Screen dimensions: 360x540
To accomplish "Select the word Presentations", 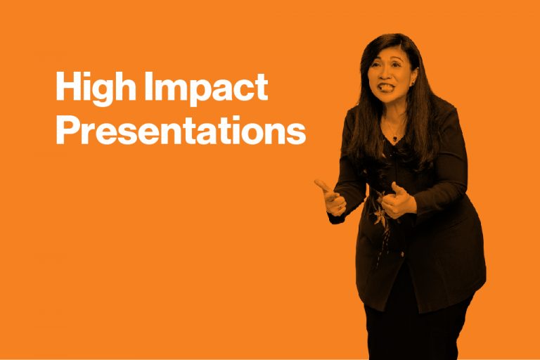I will coord(180,130).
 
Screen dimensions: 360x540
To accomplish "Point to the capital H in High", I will coord(67,87).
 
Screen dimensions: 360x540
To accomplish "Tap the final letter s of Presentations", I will coord(298,133).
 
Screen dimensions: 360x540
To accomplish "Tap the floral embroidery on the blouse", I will coord(380,211).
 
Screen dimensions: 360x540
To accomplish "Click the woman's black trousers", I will coord(394,330).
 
